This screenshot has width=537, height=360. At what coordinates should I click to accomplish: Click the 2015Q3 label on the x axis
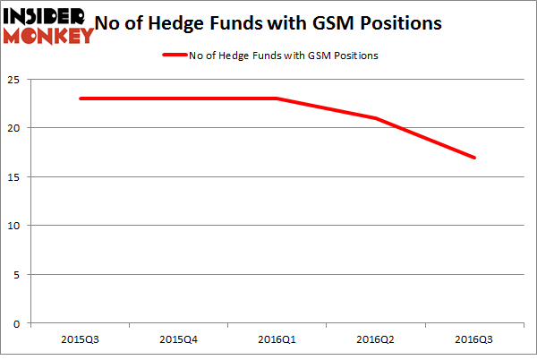(81, 339)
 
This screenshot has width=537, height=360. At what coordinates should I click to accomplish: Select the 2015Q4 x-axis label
(179, 339)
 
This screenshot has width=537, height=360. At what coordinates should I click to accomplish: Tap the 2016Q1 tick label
(277, 339)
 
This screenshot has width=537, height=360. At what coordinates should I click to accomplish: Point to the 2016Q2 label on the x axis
(376, 339)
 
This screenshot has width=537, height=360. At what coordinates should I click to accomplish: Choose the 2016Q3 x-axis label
(474, 339)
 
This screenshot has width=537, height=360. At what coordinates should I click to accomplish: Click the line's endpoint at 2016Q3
(474, 158)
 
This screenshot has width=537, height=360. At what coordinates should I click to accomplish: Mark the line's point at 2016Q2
(376, 118)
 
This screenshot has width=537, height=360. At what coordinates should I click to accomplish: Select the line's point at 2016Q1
(277, 99)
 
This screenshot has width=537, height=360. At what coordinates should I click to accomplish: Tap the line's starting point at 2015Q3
(81, 99)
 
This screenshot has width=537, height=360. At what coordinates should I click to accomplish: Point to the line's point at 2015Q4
(179, 99)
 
